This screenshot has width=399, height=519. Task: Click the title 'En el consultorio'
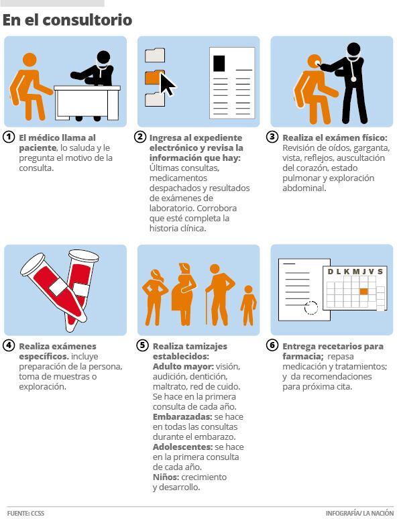[67, 20]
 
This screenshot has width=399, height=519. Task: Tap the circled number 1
[9, 137]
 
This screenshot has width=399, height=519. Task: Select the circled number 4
[9, 345]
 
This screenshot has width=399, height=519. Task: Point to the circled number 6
[272, 345]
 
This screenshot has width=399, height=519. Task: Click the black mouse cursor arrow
[168, 84]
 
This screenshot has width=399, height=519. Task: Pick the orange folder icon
[154, 77]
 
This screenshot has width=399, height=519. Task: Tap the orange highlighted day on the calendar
[363, 291]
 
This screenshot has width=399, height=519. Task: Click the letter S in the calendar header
[380, 272]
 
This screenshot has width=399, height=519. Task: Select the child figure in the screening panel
[249, 305]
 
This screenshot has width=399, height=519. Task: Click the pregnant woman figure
[184, 294]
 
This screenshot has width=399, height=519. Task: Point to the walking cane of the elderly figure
[207, 307]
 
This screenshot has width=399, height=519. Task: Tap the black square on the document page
[219, 63]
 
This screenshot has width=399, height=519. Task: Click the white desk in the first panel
[87, 103]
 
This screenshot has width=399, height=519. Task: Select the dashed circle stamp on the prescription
[310, 308]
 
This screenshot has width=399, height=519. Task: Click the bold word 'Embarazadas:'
[182, 416]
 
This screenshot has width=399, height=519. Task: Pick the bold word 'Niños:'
[166, 477]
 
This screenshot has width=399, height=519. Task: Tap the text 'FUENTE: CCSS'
[26, 513]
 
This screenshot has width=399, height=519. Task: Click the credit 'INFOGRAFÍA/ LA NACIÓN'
[359, 513]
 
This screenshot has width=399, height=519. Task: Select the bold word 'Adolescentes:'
[182, 447]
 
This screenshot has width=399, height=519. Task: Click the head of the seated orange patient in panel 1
[30, 60]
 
